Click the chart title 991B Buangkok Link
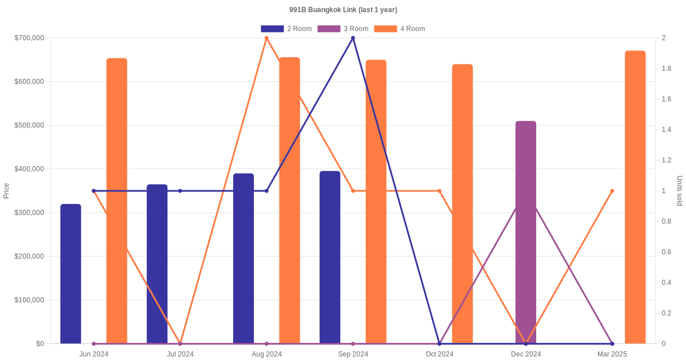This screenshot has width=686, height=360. coord(343,10)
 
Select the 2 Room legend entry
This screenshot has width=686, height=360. coord(286,29)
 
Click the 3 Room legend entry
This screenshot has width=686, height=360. coord(342,29)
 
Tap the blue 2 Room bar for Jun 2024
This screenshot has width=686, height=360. coord(71,274)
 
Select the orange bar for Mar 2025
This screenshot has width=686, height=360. coord(635,197)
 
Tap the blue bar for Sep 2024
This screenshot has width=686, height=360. coord(330,257)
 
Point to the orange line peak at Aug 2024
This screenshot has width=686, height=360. coord(266,38)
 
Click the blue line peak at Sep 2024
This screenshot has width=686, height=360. coord(353,38)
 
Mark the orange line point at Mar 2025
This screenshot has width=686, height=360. coord(612,191)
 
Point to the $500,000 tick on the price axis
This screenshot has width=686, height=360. coord(29,125)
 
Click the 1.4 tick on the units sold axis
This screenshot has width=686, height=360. coord(667,130)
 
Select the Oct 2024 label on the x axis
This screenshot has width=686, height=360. coord(440,354)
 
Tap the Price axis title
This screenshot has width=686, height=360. coord(6,191)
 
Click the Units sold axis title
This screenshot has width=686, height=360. coord(680,191)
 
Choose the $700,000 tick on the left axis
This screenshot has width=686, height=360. coord(29,38)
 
